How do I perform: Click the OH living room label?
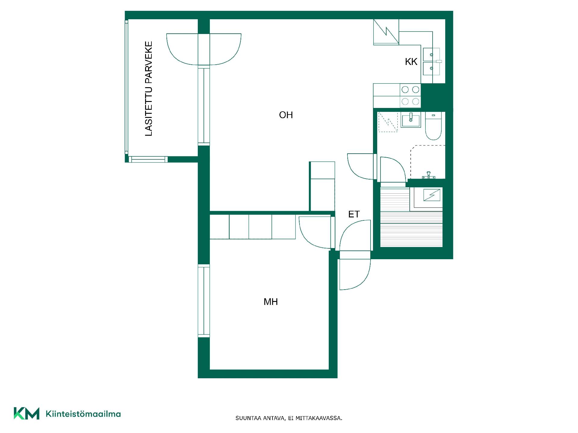[286, 115]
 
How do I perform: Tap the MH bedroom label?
[271, 302]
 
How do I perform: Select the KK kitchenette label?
[411, 62]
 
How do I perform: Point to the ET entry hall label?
[354, 214]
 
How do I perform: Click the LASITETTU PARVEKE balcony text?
[149, 89]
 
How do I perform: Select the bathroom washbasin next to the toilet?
[411, 120]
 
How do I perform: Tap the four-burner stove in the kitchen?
[410, 95]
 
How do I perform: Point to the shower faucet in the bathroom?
[428, 175]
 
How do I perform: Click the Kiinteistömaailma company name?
[83, 414]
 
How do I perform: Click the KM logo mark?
[26, 413]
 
